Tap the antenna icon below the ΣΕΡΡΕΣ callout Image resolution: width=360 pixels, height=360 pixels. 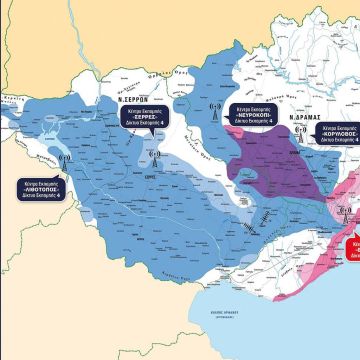coord(153,156)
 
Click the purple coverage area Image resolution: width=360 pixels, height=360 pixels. coord(270,160)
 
